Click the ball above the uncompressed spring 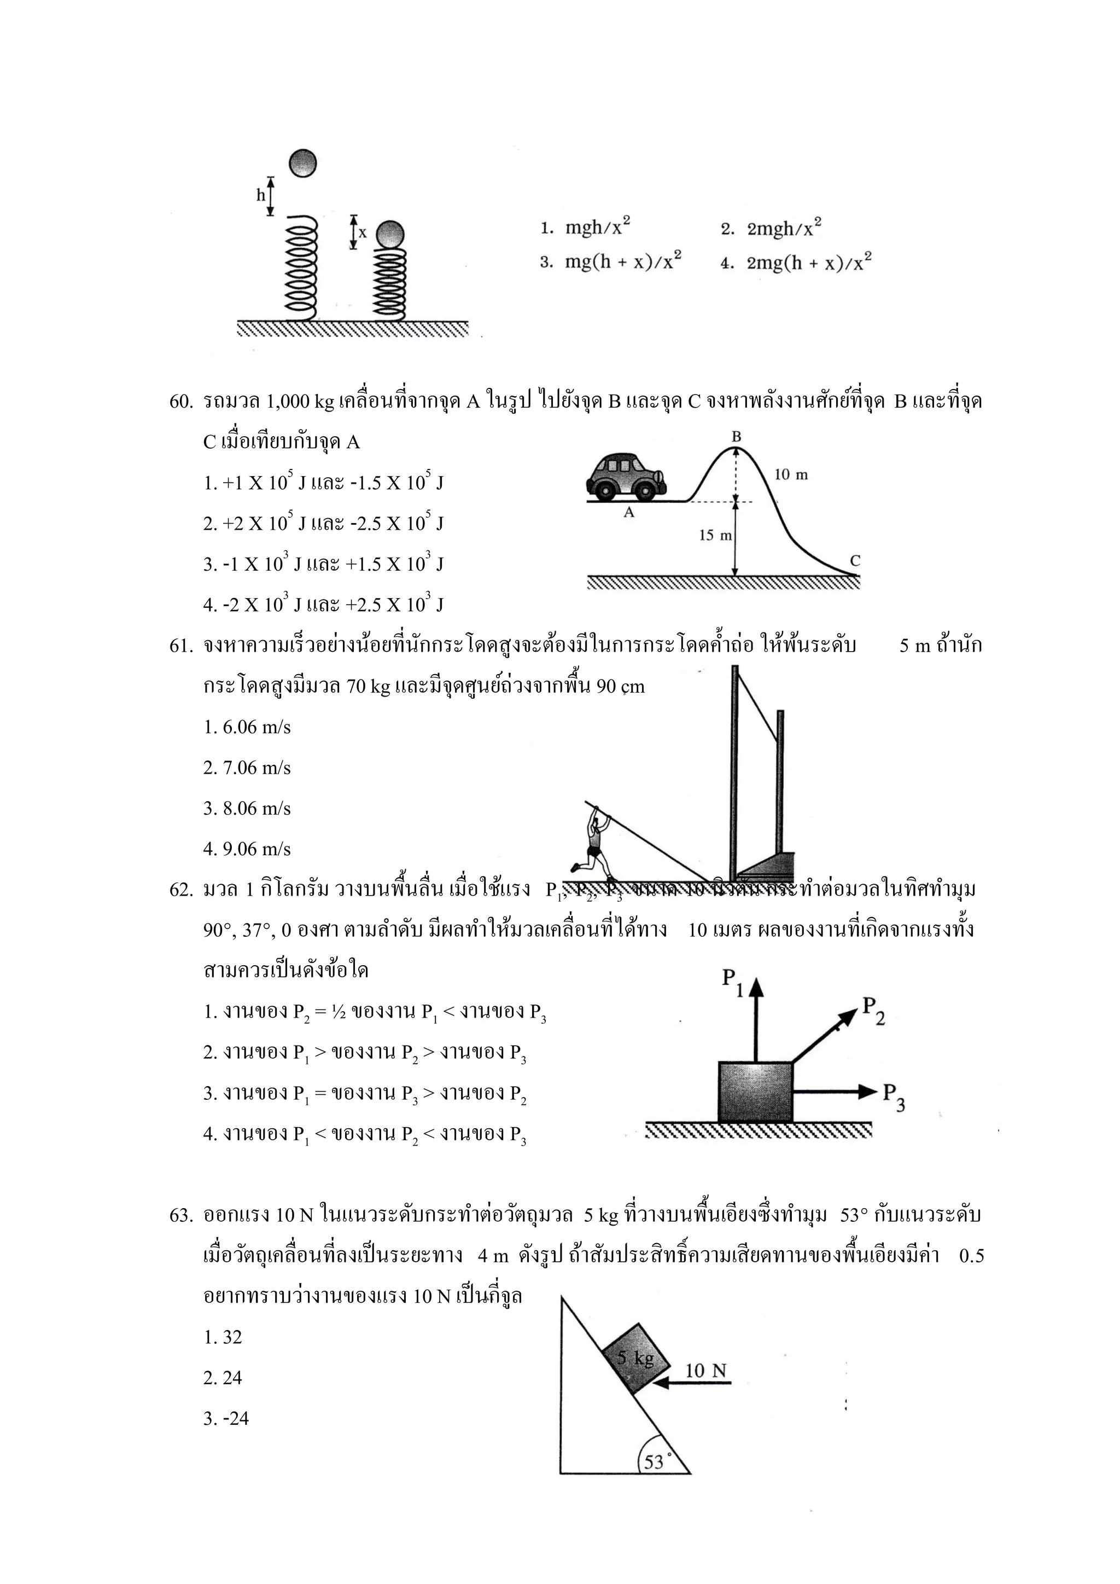[x=302, y=164]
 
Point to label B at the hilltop [x=736, y=437]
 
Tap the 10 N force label [x=705, y=1370]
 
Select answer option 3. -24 [x=226, y=1418]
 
